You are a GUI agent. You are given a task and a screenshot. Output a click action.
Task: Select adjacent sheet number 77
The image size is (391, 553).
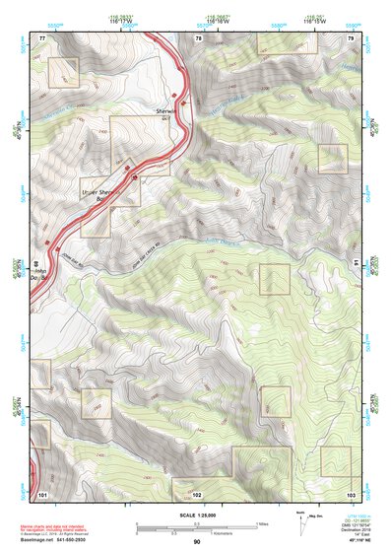pos(42,37)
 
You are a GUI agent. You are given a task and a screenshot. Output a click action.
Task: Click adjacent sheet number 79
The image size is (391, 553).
pos(351,37)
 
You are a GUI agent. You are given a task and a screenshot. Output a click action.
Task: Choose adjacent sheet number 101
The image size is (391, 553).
pos(42,492)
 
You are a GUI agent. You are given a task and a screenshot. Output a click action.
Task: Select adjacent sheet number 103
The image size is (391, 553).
pos(351,492)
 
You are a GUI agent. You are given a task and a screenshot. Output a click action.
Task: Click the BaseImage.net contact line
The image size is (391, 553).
pos(55,541)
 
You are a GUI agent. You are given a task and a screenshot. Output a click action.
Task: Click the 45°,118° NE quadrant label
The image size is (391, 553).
pos(352,541)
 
